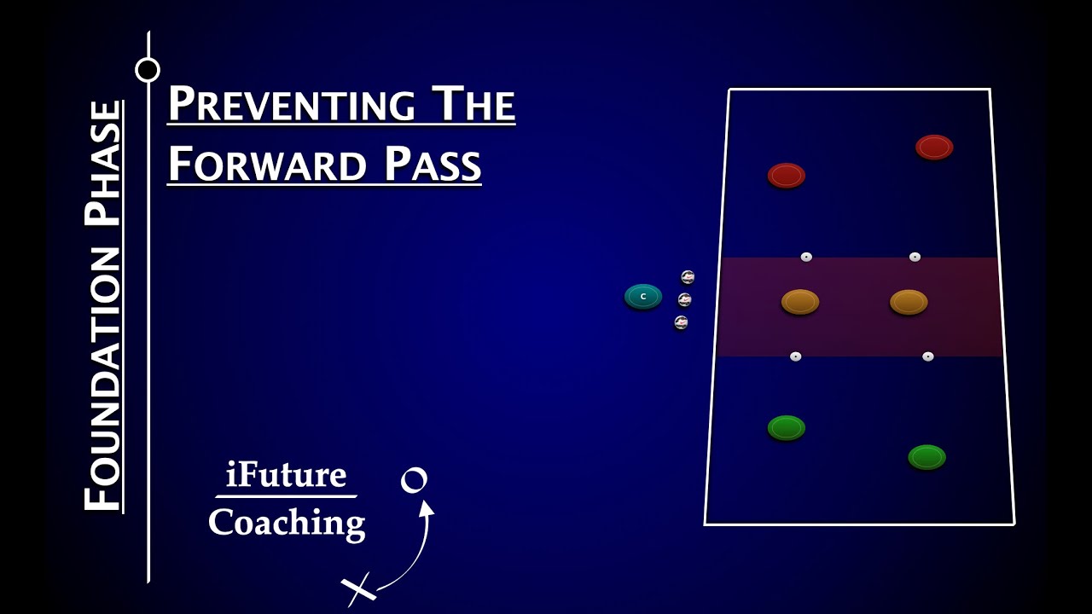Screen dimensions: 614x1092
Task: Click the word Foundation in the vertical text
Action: point(102,379)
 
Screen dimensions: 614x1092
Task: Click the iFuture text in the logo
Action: point(286,474)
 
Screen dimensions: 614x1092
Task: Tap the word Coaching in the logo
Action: point(287,522)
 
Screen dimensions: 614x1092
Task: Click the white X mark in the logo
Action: point(359,588)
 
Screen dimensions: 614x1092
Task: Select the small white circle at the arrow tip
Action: point(414,480)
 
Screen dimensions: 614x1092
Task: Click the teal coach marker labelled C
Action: point(643,297)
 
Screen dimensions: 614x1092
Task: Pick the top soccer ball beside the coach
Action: point(688,277)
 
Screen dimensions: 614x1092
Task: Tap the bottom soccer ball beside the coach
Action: point(681,322)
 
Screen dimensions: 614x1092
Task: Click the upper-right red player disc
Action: point(934,147)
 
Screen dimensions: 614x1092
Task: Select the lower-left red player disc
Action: point(787,176)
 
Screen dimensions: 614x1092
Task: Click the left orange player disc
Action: point(800,301)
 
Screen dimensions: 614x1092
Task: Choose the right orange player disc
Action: point(909,302)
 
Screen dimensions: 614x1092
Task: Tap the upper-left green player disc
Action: point(787,427)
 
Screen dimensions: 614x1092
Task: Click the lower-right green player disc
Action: point(926,457)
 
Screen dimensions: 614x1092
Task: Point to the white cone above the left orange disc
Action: point(806,257)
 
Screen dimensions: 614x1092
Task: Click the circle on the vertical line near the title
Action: point(148,70)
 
